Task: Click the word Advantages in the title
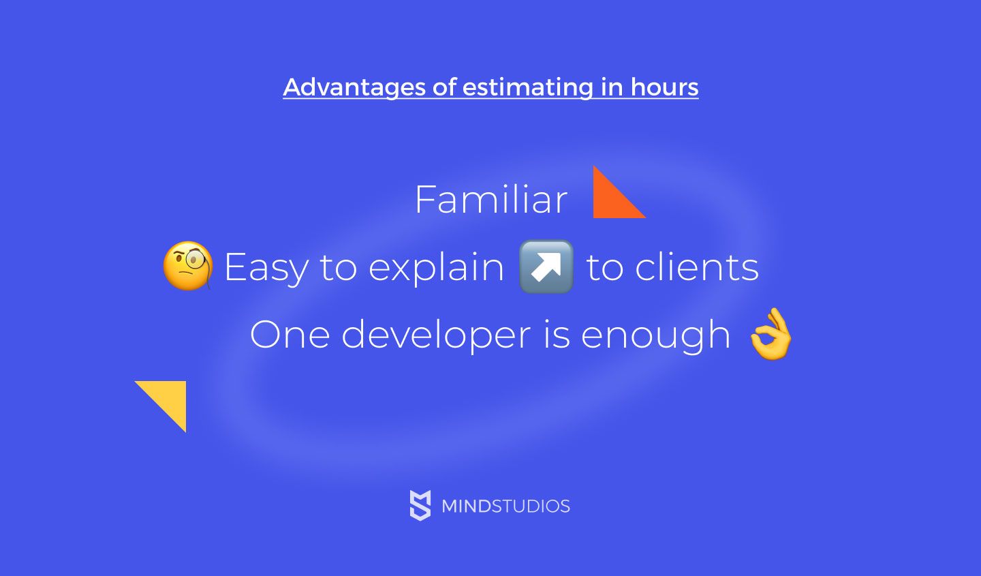tap(354, 87)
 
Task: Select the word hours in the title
tap(664, 87)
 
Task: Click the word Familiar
tap(491, 200)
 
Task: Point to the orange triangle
tap(610, 200)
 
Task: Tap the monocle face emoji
tap(188, 265)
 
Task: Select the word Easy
tap(266, 267)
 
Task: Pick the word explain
tap(436, 267)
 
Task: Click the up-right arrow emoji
tap(546, 267)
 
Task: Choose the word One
tap(290, 335)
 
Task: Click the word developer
tap(436, 335)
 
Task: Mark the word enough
tap(655, 335)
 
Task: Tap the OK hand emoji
tap(770, 334)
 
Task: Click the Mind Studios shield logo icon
tap(420, 505)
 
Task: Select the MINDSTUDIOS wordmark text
tap(505, 506)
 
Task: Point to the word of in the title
tap(444, 87)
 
